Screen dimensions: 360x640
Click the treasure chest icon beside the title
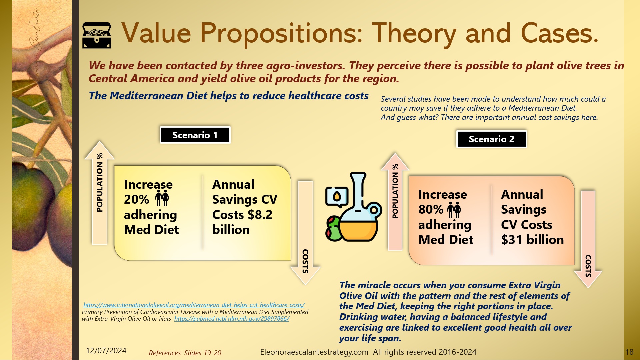tap(97, 35)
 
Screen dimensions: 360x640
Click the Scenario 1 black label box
tap(195, 135)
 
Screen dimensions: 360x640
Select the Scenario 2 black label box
tap(491, 139)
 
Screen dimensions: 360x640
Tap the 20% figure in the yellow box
tap(136, 199)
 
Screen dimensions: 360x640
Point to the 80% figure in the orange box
tap(431, 209)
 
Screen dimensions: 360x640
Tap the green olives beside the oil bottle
tap(333, 229)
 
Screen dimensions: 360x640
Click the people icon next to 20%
tap(162, 198)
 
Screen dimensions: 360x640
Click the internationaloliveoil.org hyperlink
tap(194, 305)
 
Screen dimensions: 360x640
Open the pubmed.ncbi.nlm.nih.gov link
tap(232, 318)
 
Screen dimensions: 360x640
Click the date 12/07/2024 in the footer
tap(106, 351)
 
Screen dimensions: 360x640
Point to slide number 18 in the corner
tap(629, 352)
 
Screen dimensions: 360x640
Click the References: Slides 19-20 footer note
tap(185, 353)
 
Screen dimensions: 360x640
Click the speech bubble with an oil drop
tap(337, 197)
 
